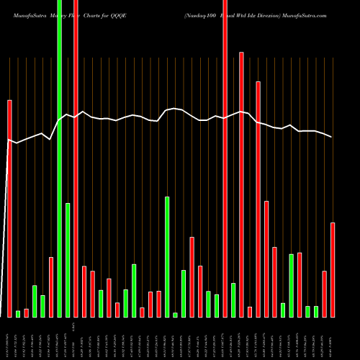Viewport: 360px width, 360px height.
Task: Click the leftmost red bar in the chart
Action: [x=9, y=209]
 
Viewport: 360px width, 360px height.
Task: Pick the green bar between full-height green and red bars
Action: [x=68, y=260]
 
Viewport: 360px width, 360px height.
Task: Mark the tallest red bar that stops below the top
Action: [x=241, y=184]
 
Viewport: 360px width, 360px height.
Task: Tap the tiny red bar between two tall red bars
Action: [x=250, y=312]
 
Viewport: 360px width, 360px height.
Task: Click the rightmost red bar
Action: [x=333, y=270]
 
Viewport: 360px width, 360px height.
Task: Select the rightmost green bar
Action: [x=316, y=311]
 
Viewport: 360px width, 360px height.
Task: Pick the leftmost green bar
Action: [x=18, y=313]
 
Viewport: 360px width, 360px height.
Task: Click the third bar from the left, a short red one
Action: [x=26, y=312]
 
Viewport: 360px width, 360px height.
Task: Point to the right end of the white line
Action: [x=332, y=137]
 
